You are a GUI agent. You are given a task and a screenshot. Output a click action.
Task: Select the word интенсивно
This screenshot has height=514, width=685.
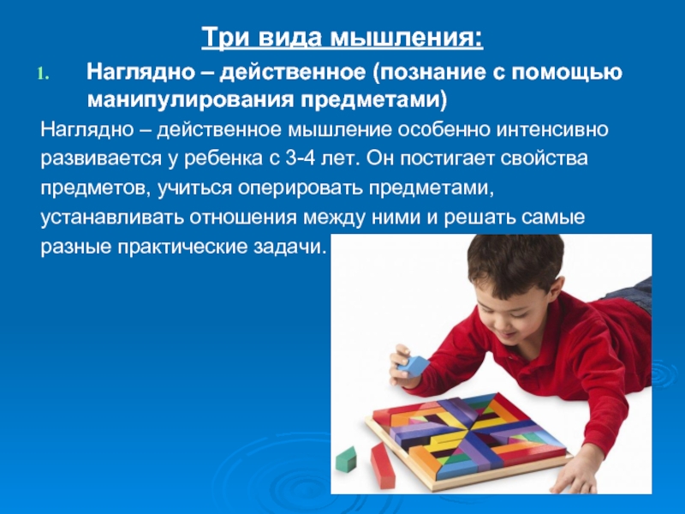(x=551, y=130)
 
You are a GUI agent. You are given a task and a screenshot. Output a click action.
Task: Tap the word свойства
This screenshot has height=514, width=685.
(x=544, y=158)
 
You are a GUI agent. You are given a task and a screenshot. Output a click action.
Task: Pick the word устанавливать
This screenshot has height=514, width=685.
(x=112, y=218)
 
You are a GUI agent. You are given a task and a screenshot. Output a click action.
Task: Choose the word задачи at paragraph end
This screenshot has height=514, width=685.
(x=289, y=247)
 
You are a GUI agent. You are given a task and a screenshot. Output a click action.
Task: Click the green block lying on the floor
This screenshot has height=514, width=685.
(x=346, y=459)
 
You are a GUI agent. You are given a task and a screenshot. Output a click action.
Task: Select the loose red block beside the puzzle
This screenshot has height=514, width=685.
(x=383, y=465)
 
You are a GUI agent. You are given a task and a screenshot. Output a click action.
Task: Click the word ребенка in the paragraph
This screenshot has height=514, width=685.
(x=222, y=159)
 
